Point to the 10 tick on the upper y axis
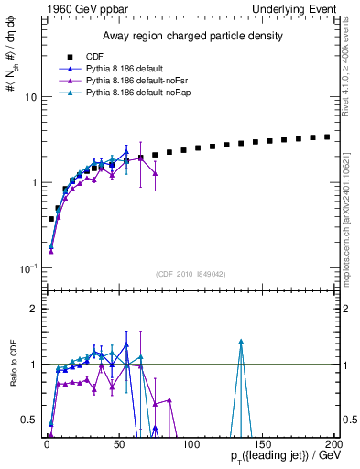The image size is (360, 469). point(29,97)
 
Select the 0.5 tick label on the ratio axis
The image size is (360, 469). point(27,420)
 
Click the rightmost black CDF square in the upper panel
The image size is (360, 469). point(327,136)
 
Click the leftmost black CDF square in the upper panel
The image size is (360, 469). point(50,219)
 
